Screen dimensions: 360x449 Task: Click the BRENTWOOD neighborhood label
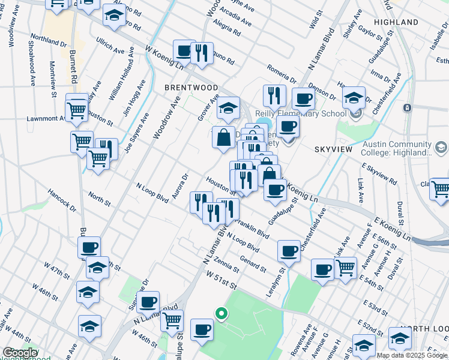(x=191, y=88)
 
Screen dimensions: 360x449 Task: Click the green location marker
(x=221, y=313)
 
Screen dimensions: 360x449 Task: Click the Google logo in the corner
(x=20, y=353)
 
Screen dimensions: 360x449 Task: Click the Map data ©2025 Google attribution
(x=412, y=355)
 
